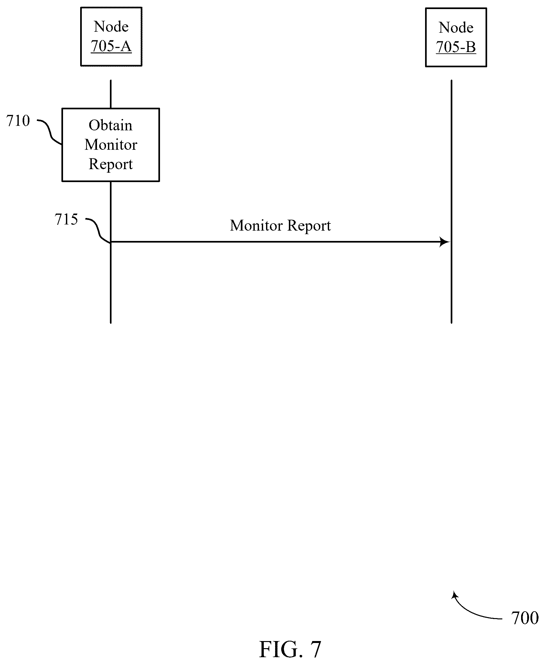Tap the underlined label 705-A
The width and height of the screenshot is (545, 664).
[111, 46]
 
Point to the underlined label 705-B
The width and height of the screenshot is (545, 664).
[456, 47]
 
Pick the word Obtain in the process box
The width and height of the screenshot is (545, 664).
[111, 125]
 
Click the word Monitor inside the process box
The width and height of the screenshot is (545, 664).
[111, 145]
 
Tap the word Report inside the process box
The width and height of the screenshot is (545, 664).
[111, 164]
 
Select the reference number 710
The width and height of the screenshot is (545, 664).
[18, 121]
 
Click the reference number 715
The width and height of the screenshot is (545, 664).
[66, 219]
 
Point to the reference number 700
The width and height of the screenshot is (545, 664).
[525, 618]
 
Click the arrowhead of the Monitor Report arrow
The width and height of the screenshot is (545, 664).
[445, 242]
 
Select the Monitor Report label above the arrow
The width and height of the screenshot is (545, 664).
[280, 225]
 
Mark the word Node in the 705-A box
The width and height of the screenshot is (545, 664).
[111, 27]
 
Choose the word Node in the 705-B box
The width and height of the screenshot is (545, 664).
[456, 27]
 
